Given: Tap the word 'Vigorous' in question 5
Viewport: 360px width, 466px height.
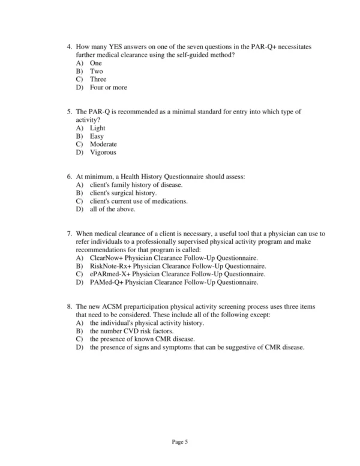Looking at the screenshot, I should tap(103, 153).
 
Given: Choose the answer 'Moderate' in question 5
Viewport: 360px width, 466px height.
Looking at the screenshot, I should tap(103, 144).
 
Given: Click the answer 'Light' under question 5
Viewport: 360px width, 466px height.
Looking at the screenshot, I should tap(97, 128).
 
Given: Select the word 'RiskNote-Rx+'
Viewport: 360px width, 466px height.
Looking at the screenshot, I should tap(110, 266).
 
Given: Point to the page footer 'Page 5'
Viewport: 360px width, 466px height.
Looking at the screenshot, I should tap(180, 442).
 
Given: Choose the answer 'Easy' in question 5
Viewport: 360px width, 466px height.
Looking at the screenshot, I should tap(97, 136).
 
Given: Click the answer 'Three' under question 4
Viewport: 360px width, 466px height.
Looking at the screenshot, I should tap(98, 79).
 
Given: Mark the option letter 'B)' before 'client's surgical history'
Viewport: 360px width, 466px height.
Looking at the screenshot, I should tap(79, 193).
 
